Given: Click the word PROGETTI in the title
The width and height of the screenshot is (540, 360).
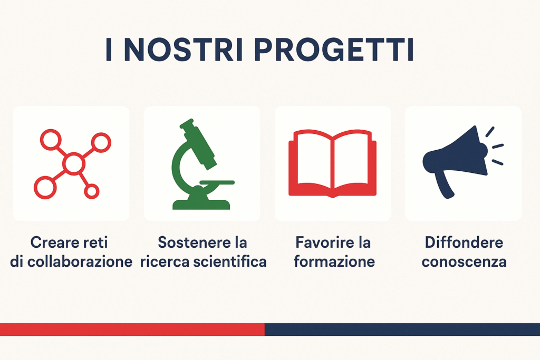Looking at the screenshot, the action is coord(334,50).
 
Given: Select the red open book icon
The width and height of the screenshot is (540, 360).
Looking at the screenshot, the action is coord(332,163).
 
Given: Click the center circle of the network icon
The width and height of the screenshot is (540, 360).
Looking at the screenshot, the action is coord(74,164).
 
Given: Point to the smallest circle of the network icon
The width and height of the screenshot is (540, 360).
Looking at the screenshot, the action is coord(92,191).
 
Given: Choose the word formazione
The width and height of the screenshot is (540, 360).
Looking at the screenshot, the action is coord(334,262).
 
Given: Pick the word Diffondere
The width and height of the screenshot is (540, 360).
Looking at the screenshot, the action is coord(464,242).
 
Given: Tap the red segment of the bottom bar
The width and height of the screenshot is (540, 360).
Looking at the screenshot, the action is coord(132,329).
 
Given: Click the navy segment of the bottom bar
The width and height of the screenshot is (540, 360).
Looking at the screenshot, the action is coord(402,329).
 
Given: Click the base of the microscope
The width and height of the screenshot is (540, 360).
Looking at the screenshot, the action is coord(201,205).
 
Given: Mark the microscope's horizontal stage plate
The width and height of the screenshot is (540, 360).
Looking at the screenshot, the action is coord(217,182).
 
